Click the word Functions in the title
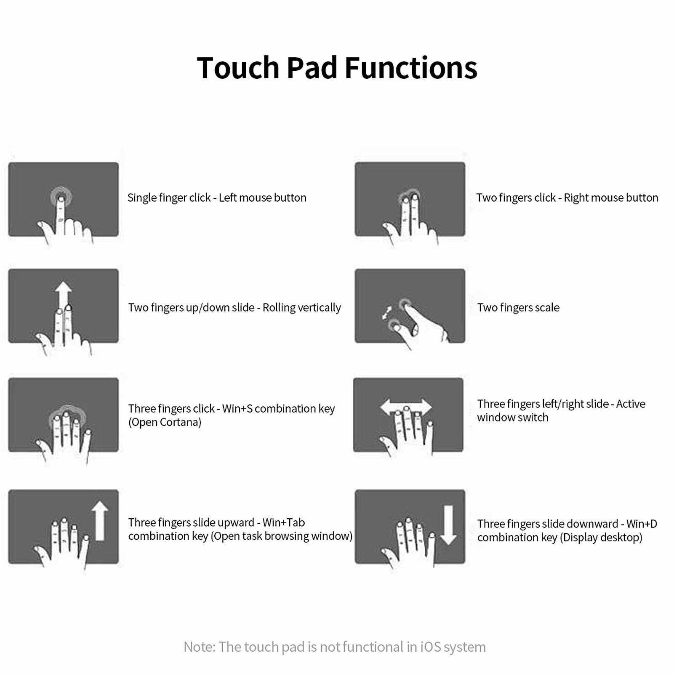(411, 67)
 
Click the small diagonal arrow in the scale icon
(386, 313)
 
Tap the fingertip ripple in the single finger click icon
(61, 196)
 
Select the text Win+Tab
(284, 522)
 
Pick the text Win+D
(642, 524)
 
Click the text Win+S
(237, 409)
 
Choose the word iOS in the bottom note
(431, 647)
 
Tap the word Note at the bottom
(199, 647)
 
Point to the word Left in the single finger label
(227, 198)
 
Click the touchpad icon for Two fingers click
(410, 199)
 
